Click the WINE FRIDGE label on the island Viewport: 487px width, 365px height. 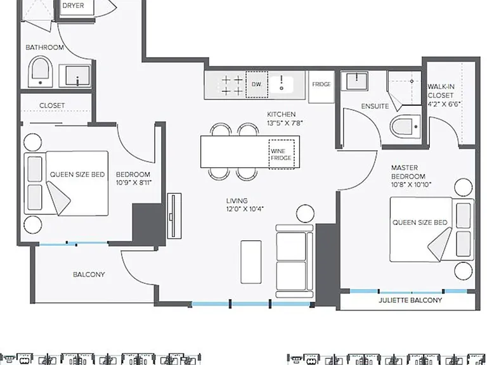click(281, 155)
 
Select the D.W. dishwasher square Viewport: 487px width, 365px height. click(257, 84)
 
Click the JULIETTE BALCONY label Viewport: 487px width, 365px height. click(410, 300)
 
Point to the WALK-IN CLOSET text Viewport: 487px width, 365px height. click(441, 91)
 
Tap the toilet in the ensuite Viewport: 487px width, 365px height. click(405, 126)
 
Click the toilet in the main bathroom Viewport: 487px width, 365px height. click(40, 72)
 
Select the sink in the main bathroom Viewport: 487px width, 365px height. click(75, 75)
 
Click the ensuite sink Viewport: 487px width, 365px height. click(354, 80)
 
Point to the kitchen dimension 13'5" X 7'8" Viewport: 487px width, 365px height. click(285, 123)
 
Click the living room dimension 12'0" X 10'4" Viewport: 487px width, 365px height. click(245, 209)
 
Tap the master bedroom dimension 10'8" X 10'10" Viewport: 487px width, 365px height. click(411, 184)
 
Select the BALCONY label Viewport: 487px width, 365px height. click(89, 274)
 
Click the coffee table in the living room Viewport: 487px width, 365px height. click(251, 262)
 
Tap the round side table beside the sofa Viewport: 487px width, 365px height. click(305, 214)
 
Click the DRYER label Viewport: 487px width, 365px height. click(73, 6)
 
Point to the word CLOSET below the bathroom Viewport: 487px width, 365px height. click(52, 106)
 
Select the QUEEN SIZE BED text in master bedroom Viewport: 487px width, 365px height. click(420, 222)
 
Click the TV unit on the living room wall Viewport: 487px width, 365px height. click(174, 216)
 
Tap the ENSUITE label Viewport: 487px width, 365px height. click(375, 106)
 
